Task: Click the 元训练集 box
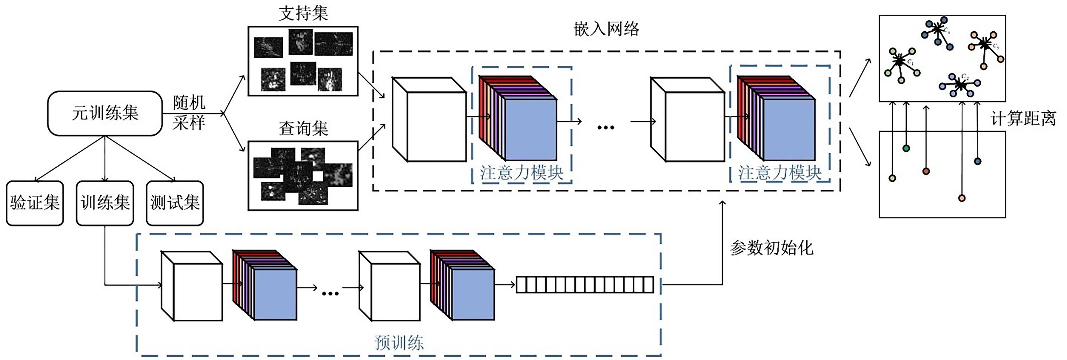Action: click(105, 113)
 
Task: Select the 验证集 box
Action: click(35, 203)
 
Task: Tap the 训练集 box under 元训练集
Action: click(105, 203)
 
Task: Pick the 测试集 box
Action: click(175, 203)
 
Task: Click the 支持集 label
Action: click(303, 13)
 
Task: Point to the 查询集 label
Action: click(303, 128)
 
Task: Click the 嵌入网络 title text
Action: click(606, 29)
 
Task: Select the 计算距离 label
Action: click(1023, 119)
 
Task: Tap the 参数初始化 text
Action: click(771, 248)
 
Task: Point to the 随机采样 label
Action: click(189, 113)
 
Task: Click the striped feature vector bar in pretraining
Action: click(584, 285)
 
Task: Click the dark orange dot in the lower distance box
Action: click(926, 171)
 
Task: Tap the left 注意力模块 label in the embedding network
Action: click(521, 173)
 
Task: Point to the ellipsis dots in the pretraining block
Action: click(330, 293)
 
